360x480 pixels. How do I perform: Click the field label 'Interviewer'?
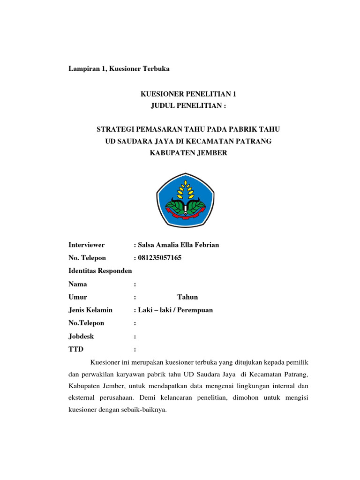pos(87,245)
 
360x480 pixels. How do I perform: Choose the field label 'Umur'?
pos(78,297)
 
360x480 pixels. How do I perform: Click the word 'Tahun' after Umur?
pos(187,297)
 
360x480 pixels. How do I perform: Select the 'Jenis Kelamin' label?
pos(90,310)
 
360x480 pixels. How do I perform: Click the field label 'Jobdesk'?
pos(81,336)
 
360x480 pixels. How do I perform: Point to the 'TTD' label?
pos(76,349)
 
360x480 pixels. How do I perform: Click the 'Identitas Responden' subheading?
pos(100,271)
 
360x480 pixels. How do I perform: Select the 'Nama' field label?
pos(78,284)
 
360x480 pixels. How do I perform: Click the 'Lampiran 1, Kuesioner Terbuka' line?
pos(119,68)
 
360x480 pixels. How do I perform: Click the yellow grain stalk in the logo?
pos(186,190)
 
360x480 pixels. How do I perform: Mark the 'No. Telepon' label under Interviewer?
pos(87,258)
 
